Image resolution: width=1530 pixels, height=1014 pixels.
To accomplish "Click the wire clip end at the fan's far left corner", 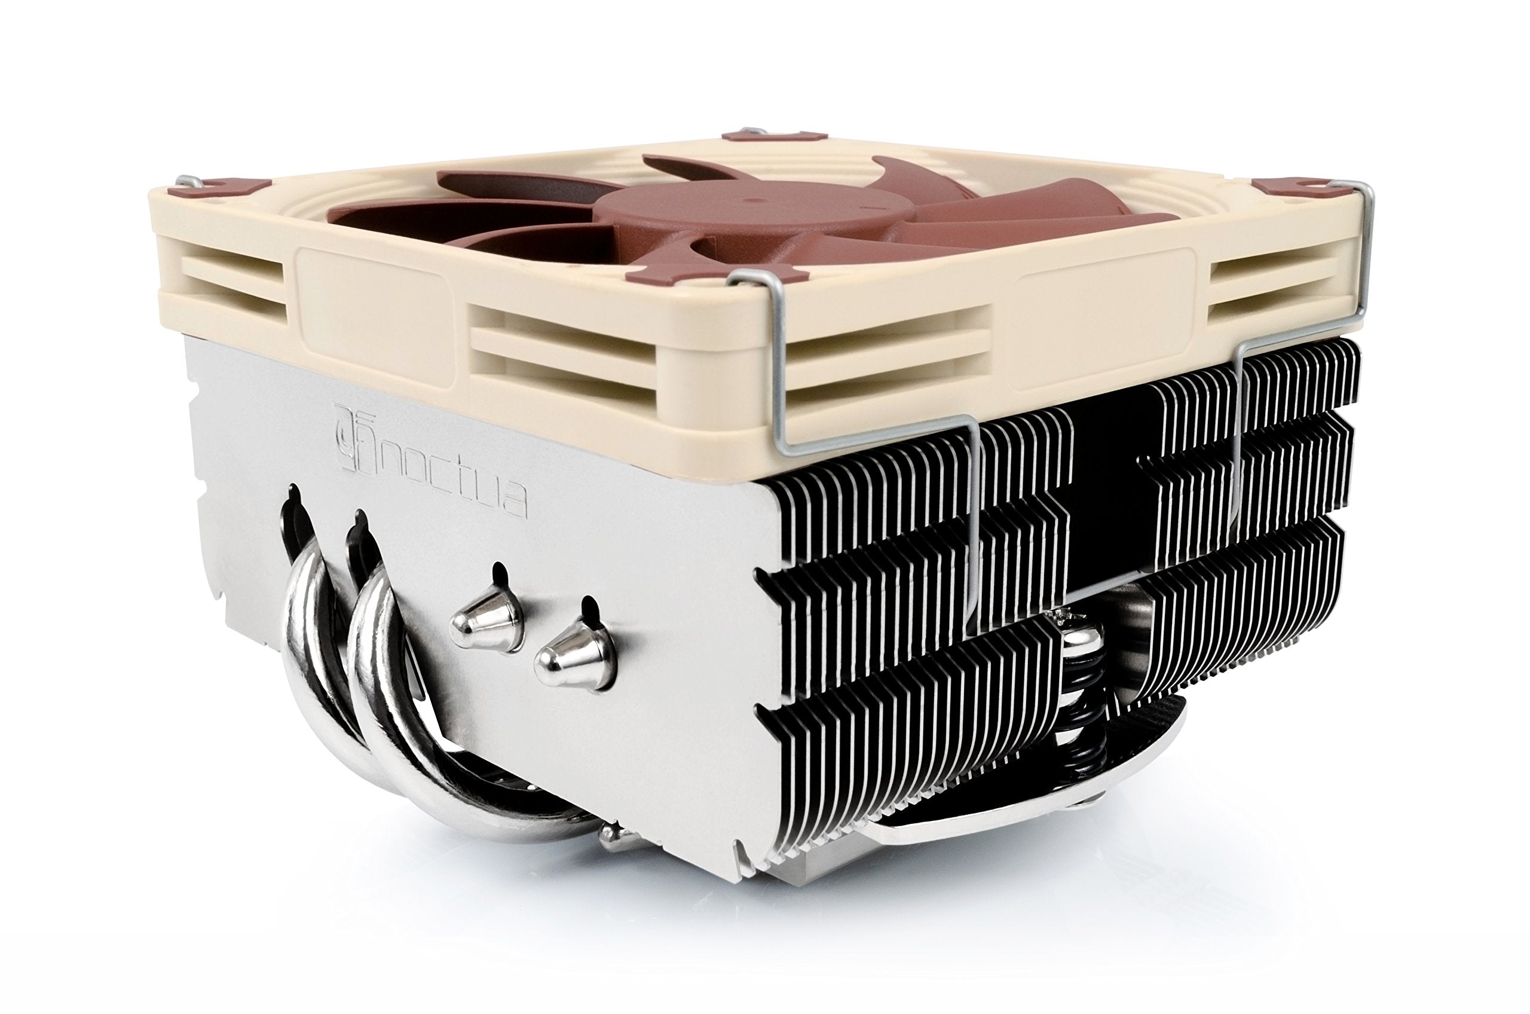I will pos(188,181).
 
